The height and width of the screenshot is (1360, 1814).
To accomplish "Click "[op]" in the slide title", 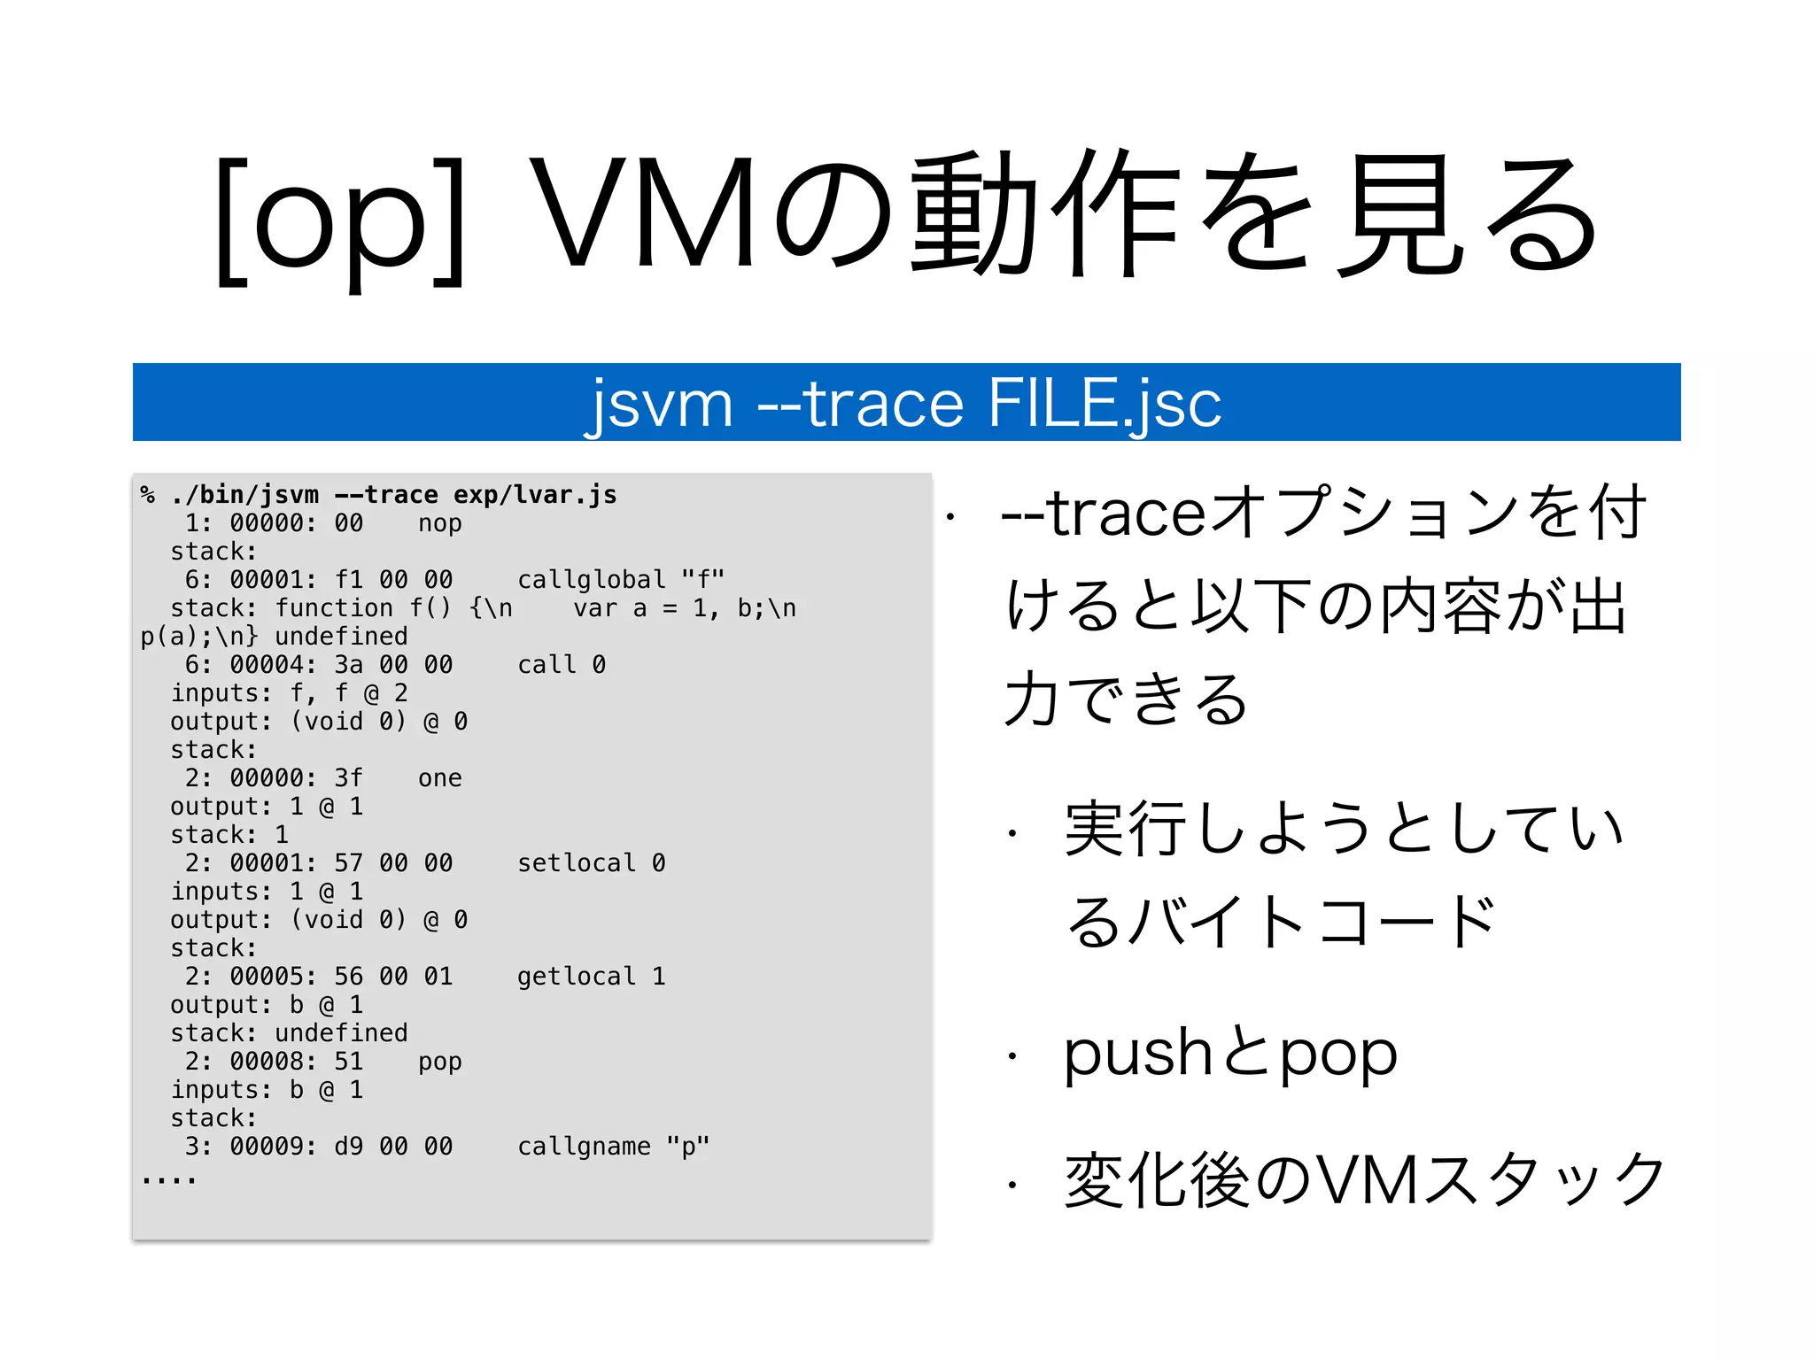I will point(341,221).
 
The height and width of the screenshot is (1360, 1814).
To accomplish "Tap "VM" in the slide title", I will point(644,212).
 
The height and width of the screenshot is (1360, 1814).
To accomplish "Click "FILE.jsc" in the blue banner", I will point(1104,403).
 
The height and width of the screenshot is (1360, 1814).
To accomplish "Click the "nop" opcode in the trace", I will point(439,523).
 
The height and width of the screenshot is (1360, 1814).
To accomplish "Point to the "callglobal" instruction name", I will point(591,580).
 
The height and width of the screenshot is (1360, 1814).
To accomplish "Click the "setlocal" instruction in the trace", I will point(577,863).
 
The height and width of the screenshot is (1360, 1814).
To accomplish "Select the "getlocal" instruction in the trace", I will point(577,977).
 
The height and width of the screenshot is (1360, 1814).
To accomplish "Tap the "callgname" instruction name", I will point(584,1147).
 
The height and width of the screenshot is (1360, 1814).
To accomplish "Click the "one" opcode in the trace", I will point(439,778).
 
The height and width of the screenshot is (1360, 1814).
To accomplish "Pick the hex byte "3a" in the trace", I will point(349,665).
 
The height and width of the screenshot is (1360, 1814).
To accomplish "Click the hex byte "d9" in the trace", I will point(349,1147).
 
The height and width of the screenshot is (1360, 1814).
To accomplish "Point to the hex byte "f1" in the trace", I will point(349,580).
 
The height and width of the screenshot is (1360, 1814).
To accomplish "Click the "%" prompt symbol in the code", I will point(148,495).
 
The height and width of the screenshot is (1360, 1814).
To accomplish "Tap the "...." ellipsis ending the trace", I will point(168,1180).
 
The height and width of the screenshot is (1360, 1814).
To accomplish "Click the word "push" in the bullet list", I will point(1137,1055).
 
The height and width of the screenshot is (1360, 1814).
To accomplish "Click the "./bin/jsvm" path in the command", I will point(244,495).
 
